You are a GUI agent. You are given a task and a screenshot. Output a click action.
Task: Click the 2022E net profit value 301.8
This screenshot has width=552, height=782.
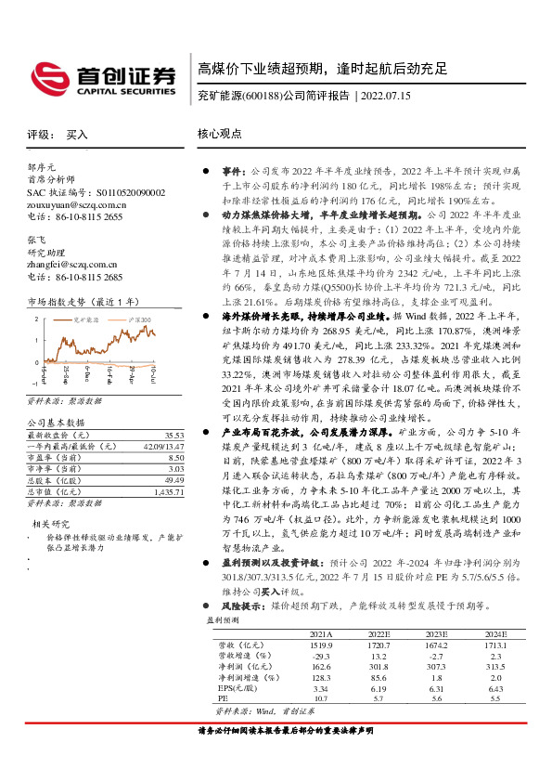pos(376,664)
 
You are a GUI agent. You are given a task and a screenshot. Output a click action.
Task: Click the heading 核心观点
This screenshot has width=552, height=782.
pos(219,135)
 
